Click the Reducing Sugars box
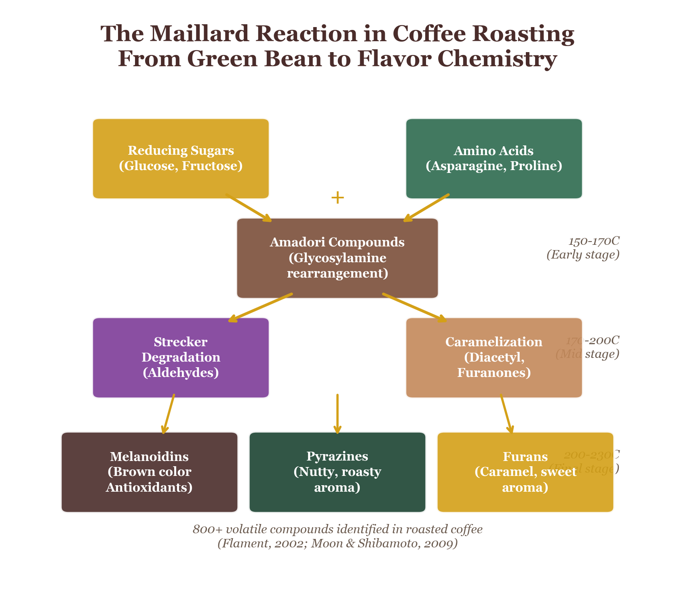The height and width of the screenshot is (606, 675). (181, 158)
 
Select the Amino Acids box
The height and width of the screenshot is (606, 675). (494, 158)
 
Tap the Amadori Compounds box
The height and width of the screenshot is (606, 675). (337, 258)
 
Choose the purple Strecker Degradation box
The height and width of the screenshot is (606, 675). (181, 358)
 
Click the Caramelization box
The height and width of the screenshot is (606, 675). (494, 358)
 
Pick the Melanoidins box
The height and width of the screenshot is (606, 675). (149, 472)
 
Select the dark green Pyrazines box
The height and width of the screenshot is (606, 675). (337, 472)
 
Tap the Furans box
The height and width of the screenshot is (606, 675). (525, 472)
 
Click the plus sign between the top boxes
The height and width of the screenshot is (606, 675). (337, 198)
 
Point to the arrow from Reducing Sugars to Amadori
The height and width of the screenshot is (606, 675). (248, 207)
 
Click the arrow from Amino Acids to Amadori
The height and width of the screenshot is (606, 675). (426, 207)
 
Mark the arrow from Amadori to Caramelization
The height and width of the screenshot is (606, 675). (414, 307)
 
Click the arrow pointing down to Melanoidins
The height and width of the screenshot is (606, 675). (168, 414)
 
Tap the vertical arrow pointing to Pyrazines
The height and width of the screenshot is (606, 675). (337, 414)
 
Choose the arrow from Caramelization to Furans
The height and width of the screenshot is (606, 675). (507, 414)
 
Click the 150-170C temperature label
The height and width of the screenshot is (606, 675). (593, 241)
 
